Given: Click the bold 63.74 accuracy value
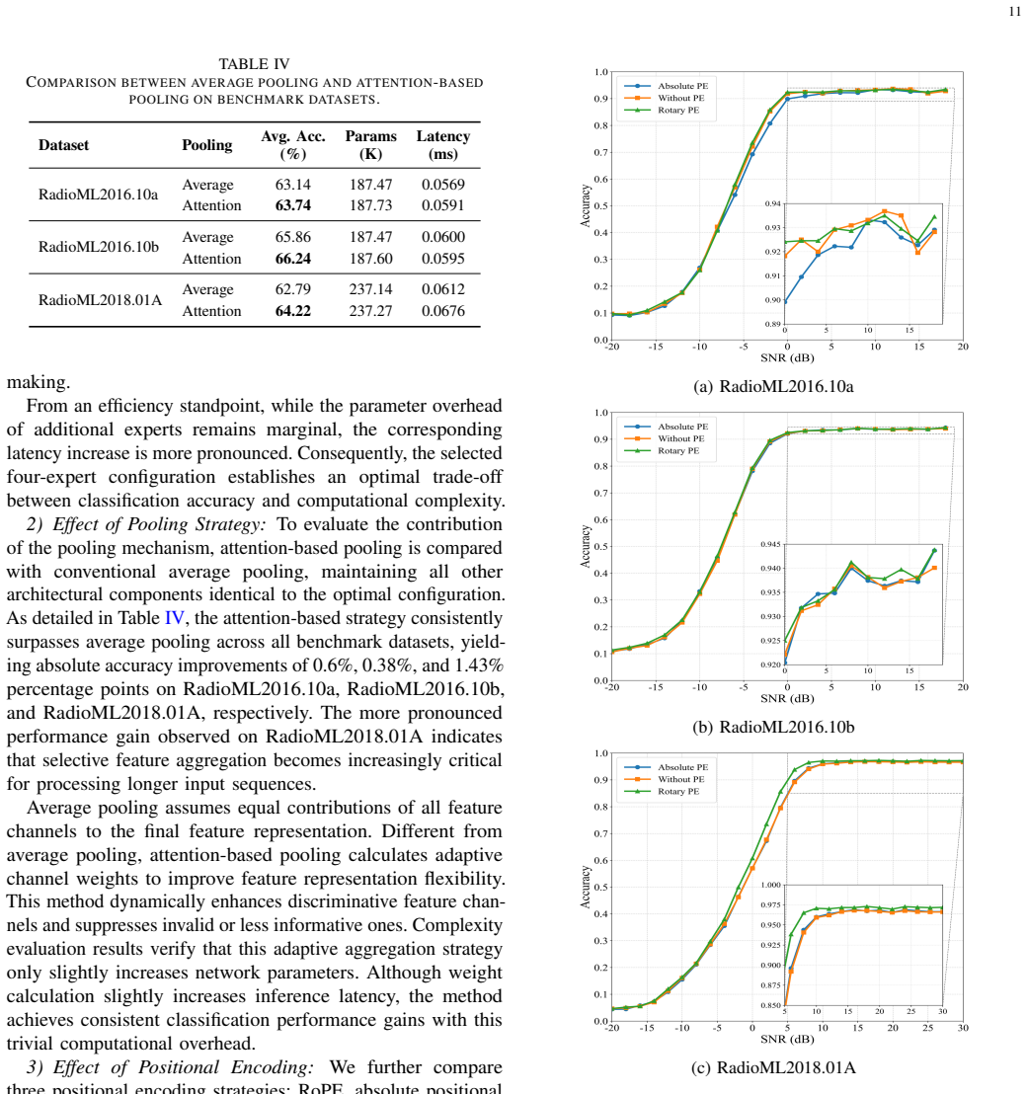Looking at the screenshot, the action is point(293,205).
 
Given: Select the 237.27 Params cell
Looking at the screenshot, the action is point(370,310).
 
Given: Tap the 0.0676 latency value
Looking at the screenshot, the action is point(443,310).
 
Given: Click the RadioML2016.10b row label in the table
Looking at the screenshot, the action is point(99,247).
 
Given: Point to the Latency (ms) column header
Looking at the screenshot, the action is point(443,145).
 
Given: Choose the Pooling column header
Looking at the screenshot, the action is point(207,145).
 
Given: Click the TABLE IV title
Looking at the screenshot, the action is point(254,64).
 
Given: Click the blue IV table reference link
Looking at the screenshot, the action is point(175,618).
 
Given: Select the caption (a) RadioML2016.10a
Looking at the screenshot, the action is point(773,386).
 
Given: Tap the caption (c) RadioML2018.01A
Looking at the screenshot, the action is point(773,1067).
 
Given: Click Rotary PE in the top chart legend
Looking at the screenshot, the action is point(678,111).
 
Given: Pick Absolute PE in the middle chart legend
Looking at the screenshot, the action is point(682,427).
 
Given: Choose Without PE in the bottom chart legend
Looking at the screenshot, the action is point(681,779).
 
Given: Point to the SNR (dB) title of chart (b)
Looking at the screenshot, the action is point(787,698).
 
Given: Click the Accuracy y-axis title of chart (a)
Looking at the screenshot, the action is point(586,205).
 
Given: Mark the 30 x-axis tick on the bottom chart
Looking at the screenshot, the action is point(963,1028).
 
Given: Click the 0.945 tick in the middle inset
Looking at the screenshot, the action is point(770,544).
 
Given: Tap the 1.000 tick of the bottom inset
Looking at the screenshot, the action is point(770,885).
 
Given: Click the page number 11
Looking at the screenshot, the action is point(1014,11).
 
